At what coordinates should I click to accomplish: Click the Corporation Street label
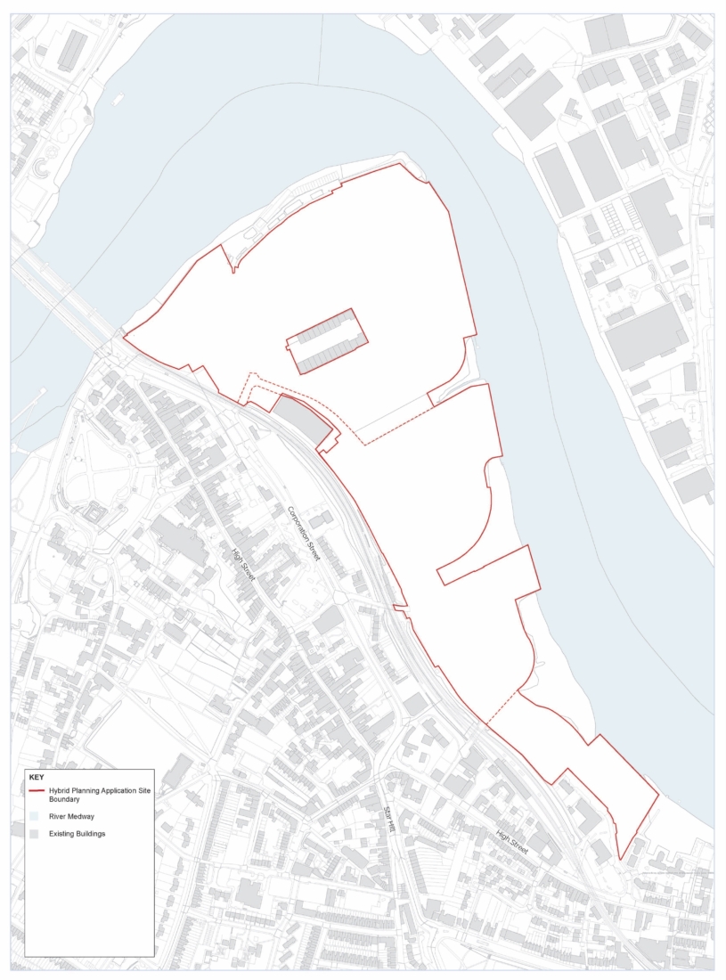coord(305,534)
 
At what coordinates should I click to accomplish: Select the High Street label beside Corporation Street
coord(243,563)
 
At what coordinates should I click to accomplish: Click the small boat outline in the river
coord(118,99)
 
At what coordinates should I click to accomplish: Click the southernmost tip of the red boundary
coord(620,859)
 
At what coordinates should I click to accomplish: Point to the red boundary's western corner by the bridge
coord(123,337)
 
